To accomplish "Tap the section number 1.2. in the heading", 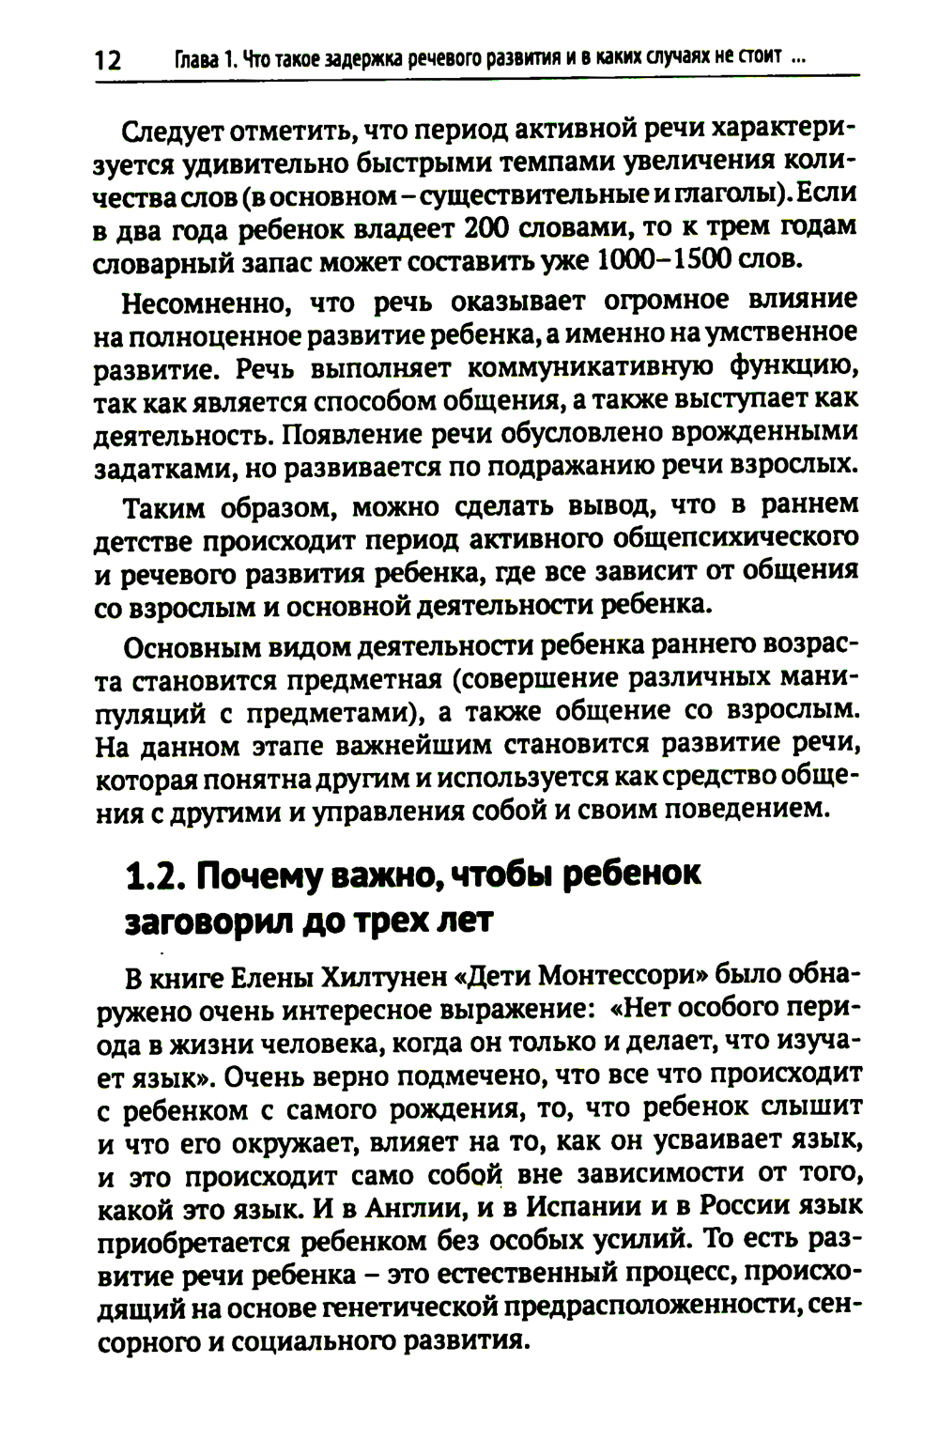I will pos(151,876).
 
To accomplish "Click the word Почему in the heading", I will pos(255,876).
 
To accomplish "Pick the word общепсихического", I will pos(734,540).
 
